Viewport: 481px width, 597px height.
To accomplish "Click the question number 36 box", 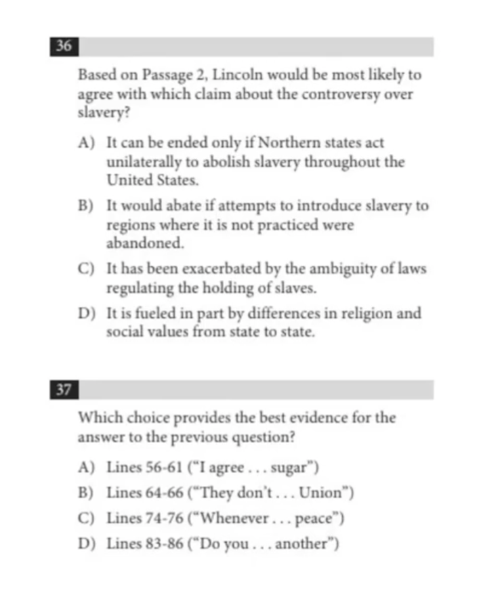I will (64, 47).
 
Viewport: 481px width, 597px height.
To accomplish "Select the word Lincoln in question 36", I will (235, 75).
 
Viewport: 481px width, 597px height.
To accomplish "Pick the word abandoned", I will (135, 243).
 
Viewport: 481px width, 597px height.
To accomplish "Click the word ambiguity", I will (337, 269).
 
